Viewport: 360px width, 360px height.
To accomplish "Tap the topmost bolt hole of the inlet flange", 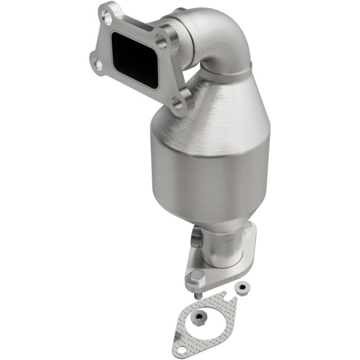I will click(x=108, y=17).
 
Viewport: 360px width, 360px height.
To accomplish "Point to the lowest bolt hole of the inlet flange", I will click(x=178, y=105).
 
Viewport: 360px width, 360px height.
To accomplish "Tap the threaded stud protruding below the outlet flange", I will click(x=197, y=294).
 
